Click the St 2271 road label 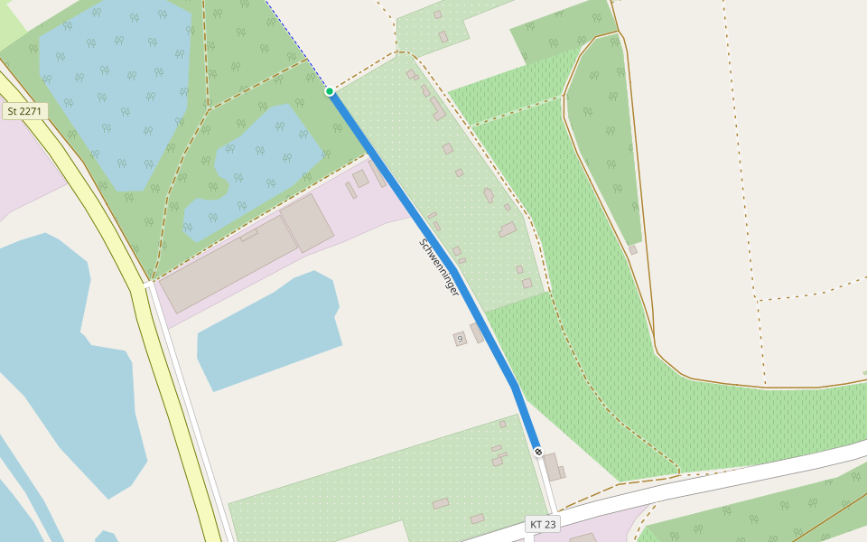pyautogui.click(x=24, y=111)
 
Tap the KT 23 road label pyautogui.click(x=544, y=524)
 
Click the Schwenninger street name pyautogui.click(x=440, y=267)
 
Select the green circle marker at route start pyautogui.click(x=330, y=91)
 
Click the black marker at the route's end pyautogui.click(x=538, y=451)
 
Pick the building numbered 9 pyautogui.click(x=460, y=339)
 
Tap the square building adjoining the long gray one pyautogui.click(x=308, y=221)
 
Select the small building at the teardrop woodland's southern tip pyautogui.click(x=633, y=249)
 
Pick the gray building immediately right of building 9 pyautogui.click(x=477, y=332)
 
